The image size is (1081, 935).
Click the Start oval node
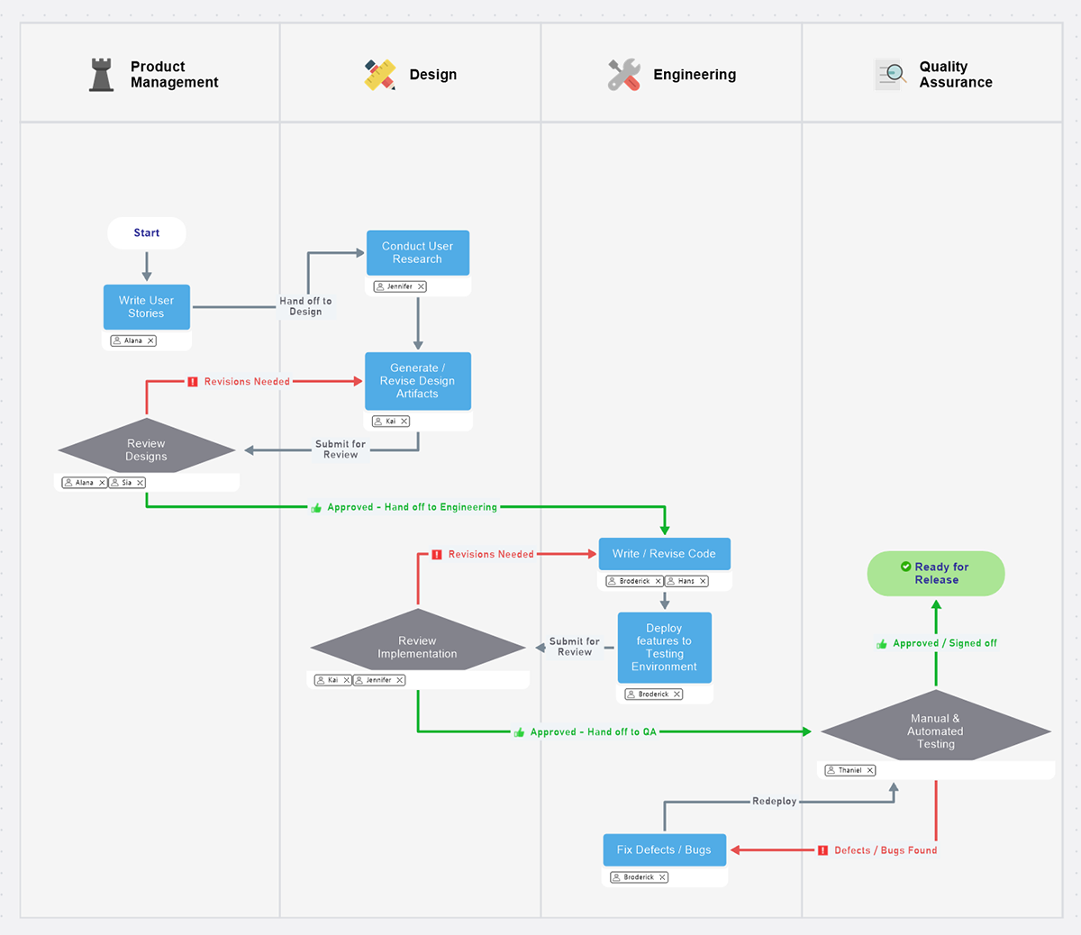coord(146,232)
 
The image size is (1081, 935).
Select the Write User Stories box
coord(146,307)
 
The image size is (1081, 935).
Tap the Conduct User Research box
coord(417,253)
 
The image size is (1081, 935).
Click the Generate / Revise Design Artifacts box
coord(417,381)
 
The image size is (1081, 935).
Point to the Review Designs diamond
coord(146,449)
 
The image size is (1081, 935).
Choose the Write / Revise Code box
coord(664,554)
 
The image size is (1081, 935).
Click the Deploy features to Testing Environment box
coord(664,648)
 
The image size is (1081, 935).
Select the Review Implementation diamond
coord(417,647)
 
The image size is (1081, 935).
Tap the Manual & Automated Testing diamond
coord(935,731)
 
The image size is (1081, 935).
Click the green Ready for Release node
coord(935,574)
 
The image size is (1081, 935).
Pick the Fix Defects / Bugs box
coord(664,849)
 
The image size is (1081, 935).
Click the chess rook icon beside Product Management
coord(102,75)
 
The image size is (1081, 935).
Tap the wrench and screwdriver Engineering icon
coord(623,75)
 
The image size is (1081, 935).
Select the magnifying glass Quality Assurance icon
coord(891,74)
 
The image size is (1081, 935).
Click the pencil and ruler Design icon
coord(380,75)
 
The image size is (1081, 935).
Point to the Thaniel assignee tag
coord(849,770)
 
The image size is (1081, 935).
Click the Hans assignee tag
coord(686,581)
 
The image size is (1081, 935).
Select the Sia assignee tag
coord(127,483)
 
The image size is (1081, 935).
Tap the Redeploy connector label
coord(774,801)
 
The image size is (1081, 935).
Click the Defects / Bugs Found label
coord(885,850)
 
